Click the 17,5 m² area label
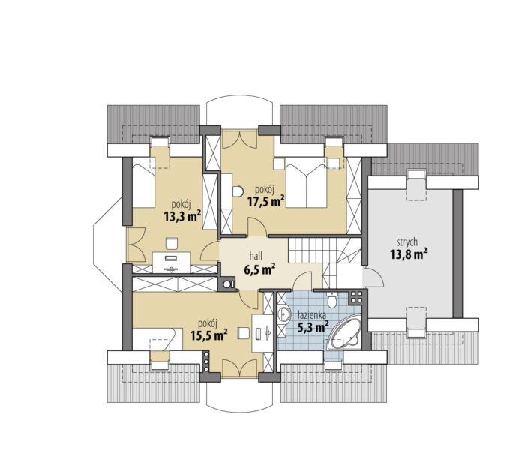[x=266, y=202]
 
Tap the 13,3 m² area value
[x=182, y=216]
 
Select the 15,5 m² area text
[x=209, y=335]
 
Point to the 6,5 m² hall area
[x=259, y=269]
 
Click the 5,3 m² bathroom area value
[x=313, y=326]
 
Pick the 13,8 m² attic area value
[x=408, y=254]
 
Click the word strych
[x=406, y=242]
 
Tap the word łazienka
[x=312, y=315]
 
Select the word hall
[x=256, y=257]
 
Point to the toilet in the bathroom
[x=331, y=299]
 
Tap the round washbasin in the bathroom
[x=284, y=314]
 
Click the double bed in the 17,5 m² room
[x=306, y=187]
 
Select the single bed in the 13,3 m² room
[x=144, y=182]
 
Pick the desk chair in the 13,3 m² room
[x=172, y=243]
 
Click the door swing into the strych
[x=373, y=277]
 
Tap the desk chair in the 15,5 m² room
[x=244, y=333]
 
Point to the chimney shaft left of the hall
[x=228, y=284]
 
